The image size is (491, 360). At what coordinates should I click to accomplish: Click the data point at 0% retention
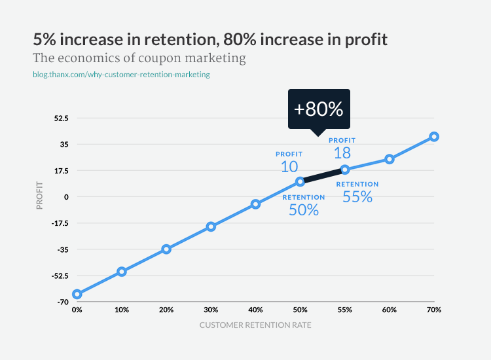click(77, 294)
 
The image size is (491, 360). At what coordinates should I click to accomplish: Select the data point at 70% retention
click(434, 137)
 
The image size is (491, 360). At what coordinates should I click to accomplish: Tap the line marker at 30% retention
click(211, 226)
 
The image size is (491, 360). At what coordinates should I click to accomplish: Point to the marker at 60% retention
click(390, 159)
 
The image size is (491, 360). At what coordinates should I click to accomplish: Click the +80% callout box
click(319, 109)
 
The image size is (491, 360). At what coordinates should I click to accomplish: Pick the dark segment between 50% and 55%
click(322, 175)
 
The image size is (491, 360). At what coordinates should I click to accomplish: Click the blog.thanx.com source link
click(121, 75)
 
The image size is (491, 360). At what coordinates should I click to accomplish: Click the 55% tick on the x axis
click(345, 310)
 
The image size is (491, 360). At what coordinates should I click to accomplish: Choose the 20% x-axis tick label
click(166, 310)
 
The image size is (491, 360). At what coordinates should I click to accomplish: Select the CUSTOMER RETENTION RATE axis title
click(255, 325)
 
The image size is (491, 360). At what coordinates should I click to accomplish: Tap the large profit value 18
click(342, 153)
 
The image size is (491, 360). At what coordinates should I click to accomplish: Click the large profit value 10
click(289, 166)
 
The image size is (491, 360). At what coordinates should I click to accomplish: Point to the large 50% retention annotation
click(304, 210)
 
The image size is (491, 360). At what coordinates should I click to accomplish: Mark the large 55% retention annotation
click(357, 196)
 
